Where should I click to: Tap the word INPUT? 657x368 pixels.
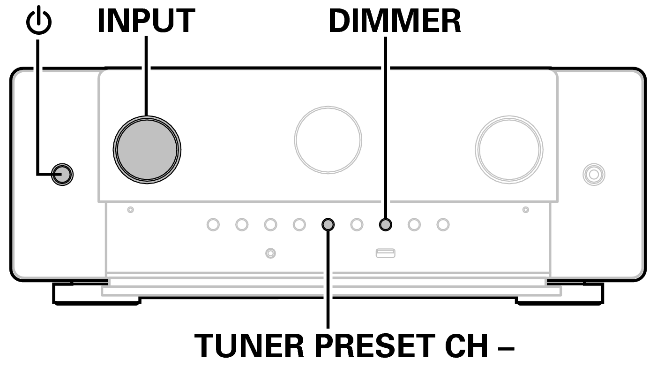point(146,21)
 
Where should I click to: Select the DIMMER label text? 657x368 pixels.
point(395,21)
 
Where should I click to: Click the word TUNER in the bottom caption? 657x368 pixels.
point(249,345)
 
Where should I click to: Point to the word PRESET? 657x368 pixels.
point(374,345)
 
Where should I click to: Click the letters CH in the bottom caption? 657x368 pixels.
point(466,345)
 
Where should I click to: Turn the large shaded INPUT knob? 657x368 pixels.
point(147,150)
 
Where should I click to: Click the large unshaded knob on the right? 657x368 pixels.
point(509,150)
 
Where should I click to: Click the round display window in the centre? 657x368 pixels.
point(328,140)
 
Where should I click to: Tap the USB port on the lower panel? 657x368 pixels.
point(385,253)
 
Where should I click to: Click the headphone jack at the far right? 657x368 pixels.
point(594,175)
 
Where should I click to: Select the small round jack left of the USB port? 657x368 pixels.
point(270,253)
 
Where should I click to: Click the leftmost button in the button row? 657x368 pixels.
point(213,225)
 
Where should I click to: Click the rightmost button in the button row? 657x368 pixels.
point(443,225)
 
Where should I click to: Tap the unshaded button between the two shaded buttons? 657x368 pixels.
point(357,225)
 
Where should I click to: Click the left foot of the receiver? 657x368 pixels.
point(96,294)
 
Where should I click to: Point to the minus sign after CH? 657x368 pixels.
point(506,349)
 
